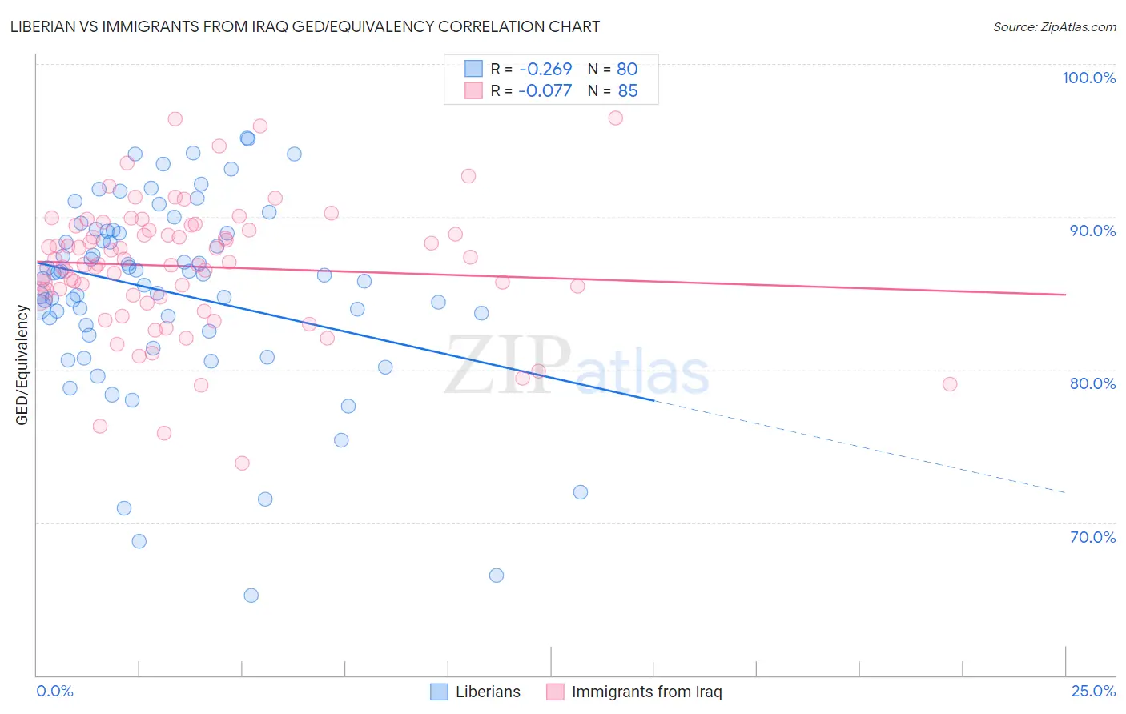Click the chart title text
point(304,26)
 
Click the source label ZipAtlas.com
point(1054,26)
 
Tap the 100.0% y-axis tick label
point(1088,78)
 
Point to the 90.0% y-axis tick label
point(1092,231)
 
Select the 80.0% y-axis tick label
point(1092,383)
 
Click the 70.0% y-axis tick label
point(1092,537)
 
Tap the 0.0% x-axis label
point(54,691)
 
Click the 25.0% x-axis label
point(1093,691)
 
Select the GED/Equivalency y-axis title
point(22,365)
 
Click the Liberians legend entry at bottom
point(476,692)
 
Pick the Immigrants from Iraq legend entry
point(634,692)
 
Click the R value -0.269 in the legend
point(545,70)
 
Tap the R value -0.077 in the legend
point(545,91)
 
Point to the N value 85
point(628,91)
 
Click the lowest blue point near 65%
point(251,596)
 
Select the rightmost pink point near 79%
point(950,384)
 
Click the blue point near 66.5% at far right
point(497,576)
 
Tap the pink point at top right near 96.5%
point(615,118)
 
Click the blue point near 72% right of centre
point(581,492)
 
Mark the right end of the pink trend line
point(1065,295)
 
